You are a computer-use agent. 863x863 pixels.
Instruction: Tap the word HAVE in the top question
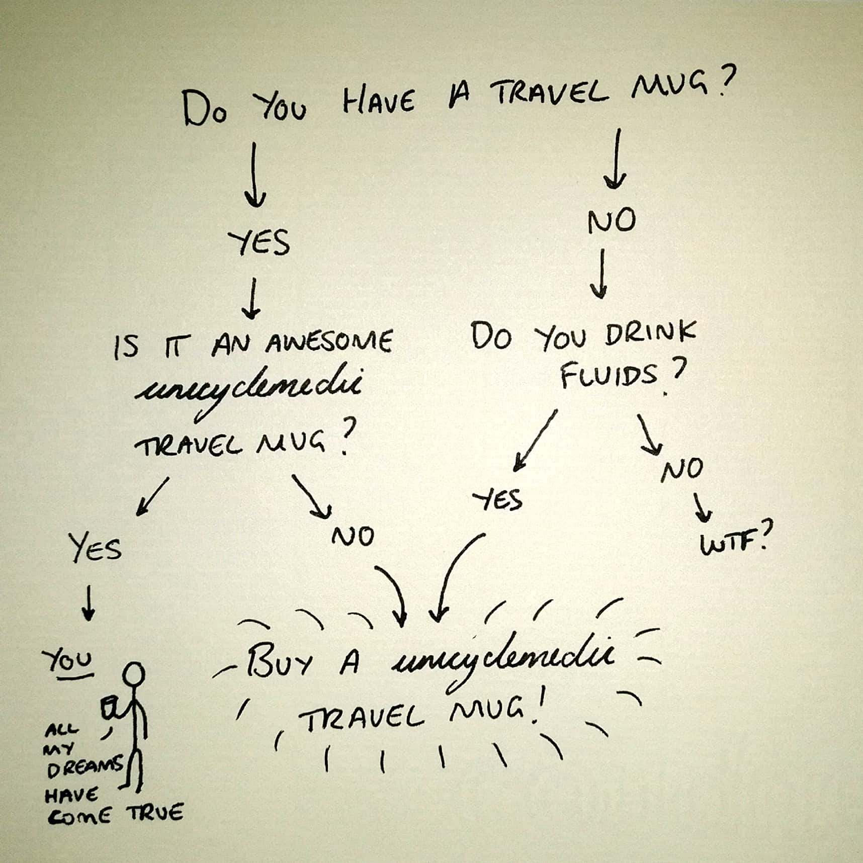[378, 102]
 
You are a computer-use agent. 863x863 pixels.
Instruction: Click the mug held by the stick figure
[110, 708]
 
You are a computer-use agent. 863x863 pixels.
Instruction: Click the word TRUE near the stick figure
[155, 813]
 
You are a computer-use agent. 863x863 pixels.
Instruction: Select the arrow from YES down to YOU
[89, 602]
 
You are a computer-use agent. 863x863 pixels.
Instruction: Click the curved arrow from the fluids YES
[453, 573]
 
